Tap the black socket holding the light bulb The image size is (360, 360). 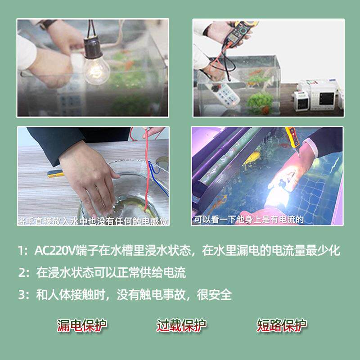tap(92, 45)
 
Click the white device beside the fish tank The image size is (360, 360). tap(319, 94)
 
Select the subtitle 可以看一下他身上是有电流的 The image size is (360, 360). tap(249, 220)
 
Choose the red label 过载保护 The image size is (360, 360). tap(181, 325)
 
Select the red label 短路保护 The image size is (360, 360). tap(281, 325)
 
